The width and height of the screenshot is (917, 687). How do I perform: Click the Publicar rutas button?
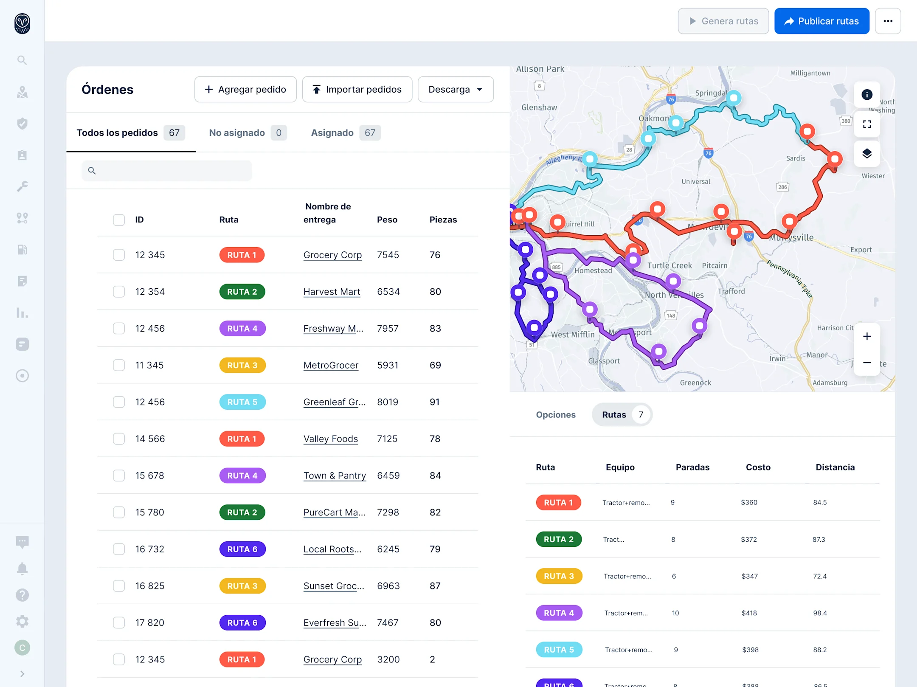(x=821, y=21)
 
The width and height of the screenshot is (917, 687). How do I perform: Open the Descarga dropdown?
(x=455, y=90)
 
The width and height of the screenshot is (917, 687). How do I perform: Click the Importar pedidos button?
(x=357, y=90)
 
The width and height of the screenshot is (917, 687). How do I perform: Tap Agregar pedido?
(x=245, y=90)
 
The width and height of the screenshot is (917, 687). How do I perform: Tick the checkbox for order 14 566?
(x=119, y=439)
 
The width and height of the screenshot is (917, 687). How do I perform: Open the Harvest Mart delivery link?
(x=332, y=292)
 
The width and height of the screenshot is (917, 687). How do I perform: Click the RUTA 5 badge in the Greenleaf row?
(x=242, y=402)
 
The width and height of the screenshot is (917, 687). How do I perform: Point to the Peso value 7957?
(x=388, y=328)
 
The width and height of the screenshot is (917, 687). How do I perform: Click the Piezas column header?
(x=443, y=220)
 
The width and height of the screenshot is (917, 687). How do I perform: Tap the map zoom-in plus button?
(x=866, y=336)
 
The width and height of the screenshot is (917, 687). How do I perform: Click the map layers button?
(x=866, y=153)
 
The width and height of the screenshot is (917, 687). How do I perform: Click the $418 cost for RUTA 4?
(x=749, y=613)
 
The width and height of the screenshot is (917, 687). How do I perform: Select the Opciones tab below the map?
(x=555, y=414)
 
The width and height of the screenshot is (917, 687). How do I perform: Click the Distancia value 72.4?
(x=819, y=576)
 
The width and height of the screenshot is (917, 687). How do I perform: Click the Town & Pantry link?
(x=335, y=476)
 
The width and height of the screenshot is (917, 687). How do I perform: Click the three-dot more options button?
(x=888, y=21)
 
